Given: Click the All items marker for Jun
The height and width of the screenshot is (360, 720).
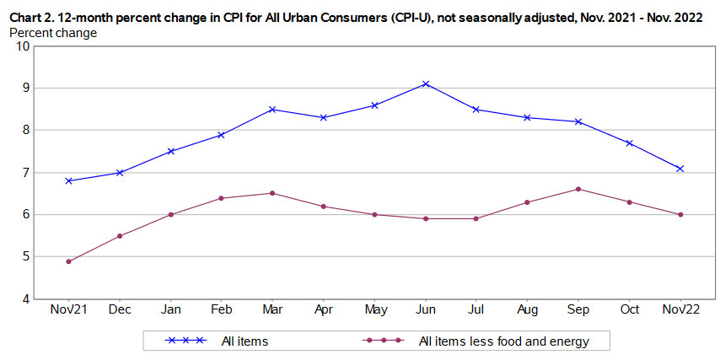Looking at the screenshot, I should point(426,83).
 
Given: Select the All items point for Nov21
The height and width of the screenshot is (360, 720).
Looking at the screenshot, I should point(68,180).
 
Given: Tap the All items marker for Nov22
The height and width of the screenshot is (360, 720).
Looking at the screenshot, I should point(680,169).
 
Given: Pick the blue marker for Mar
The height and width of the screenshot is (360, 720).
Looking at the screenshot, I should point(272,109).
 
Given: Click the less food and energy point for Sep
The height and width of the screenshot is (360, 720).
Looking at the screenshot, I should point(578,189).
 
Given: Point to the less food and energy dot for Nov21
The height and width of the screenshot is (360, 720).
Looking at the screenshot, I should point(68,261).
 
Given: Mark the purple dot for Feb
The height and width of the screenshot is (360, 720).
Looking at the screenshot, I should point(222,198).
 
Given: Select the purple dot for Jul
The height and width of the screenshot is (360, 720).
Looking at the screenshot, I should point(476,218).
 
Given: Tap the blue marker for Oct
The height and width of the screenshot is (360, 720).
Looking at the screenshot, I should point(629,143).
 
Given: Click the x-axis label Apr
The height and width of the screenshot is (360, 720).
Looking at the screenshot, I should point(324,311).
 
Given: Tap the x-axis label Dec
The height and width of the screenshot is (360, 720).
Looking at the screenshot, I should point(120,311).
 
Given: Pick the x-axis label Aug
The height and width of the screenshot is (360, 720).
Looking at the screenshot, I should point(528,311).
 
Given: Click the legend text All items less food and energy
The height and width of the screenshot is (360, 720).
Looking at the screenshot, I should point(503,341).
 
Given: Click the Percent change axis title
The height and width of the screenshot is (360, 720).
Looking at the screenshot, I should point(52,33).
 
